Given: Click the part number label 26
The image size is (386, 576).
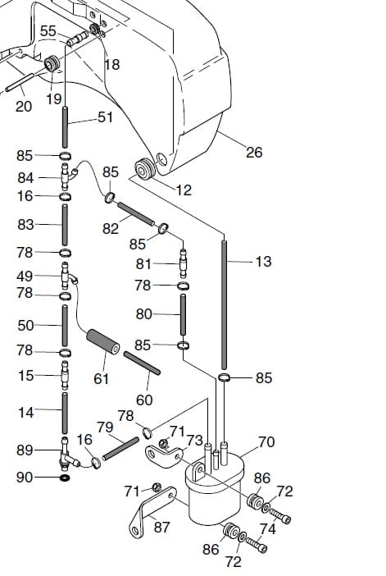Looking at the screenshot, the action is (254, 152).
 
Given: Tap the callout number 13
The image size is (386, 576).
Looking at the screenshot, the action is (263, 262).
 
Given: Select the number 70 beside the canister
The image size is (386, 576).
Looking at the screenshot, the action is (266, 441).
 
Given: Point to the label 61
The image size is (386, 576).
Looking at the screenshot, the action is (102, 378).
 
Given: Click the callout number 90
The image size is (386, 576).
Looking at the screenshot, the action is (25, 478).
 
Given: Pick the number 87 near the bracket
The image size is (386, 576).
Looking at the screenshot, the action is (161, 527).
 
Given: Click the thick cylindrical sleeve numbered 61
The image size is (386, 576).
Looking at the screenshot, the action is (103, 342).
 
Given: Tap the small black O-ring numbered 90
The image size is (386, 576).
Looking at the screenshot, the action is (66, 478).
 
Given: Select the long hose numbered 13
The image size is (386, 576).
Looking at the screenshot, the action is (224, 304).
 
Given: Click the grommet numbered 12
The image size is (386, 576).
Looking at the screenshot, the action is (145, 168).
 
